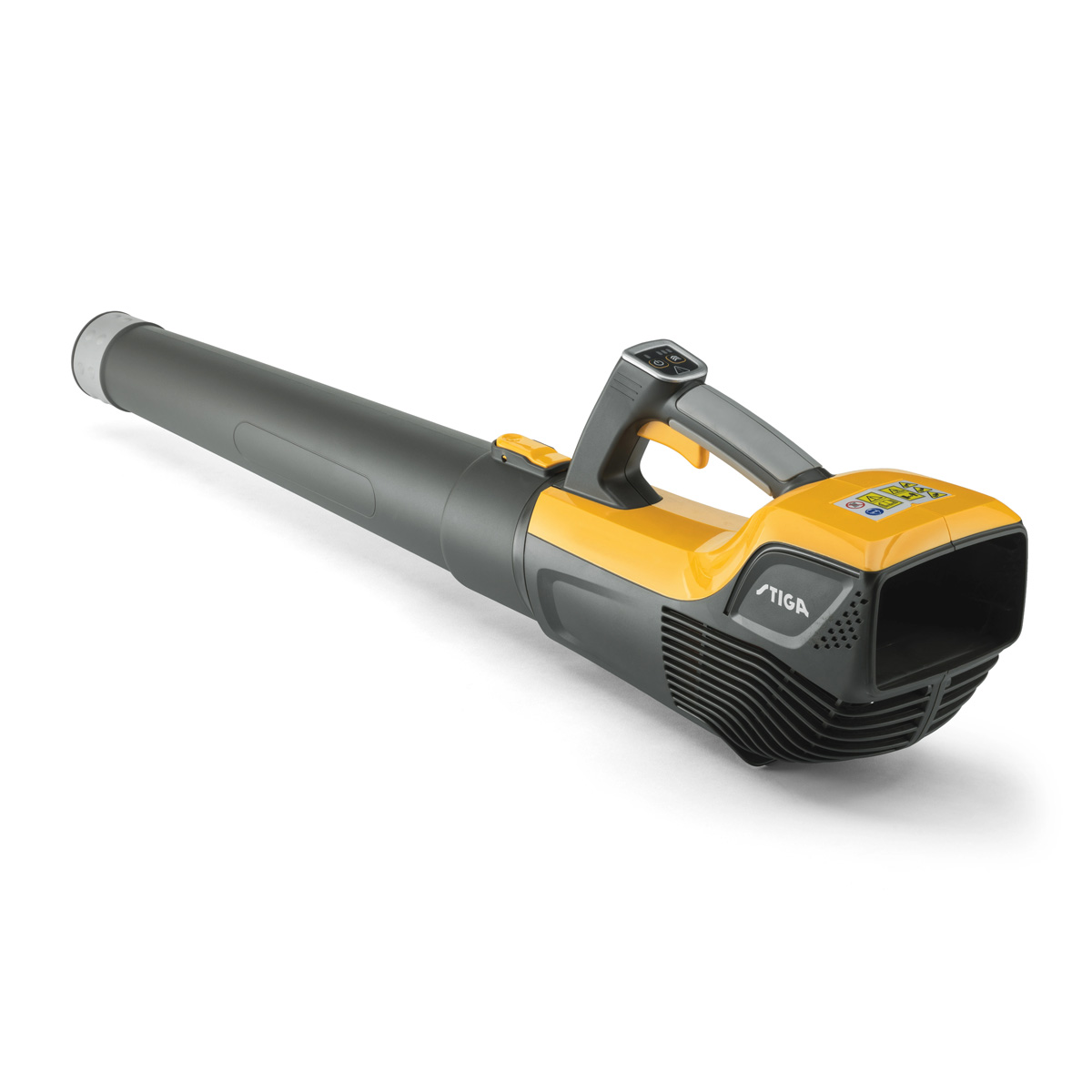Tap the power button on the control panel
click(657, 363)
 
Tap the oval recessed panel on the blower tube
click(305, 469)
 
